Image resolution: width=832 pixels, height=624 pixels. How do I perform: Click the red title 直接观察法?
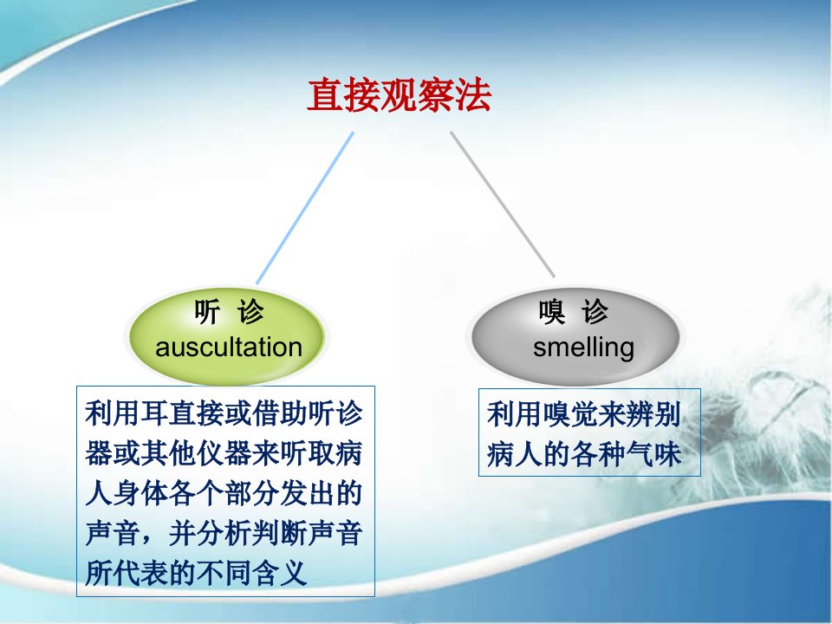[399, 95]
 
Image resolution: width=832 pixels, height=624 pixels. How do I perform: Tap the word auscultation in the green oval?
[229, 348]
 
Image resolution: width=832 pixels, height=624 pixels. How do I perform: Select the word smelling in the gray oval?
[583, 348]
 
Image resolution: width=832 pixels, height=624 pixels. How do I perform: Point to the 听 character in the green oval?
[207, 311]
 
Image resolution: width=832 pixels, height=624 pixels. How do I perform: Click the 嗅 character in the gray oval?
[552, 311]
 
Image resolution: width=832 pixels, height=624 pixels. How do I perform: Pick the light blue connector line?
[304, 208]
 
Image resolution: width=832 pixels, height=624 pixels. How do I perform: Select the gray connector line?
[503, 205]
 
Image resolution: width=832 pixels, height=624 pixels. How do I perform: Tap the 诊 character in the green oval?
[250, 311]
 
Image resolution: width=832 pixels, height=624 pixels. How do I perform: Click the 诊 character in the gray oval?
[595, 311]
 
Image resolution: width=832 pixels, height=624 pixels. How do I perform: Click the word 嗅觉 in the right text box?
[570, 414]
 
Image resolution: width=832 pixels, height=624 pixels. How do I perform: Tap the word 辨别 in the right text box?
[653, 414]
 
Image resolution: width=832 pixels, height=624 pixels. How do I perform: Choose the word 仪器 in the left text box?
[224, 453]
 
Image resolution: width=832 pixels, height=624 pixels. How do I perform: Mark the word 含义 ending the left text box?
[280, 573]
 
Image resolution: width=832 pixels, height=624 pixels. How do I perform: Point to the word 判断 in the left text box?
[280, 533]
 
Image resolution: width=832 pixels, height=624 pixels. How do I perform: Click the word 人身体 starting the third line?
[127, 493]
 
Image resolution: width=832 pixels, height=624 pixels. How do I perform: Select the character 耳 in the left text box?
[155, 413]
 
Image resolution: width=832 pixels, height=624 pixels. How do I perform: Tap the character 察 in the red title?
[436, 95]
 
